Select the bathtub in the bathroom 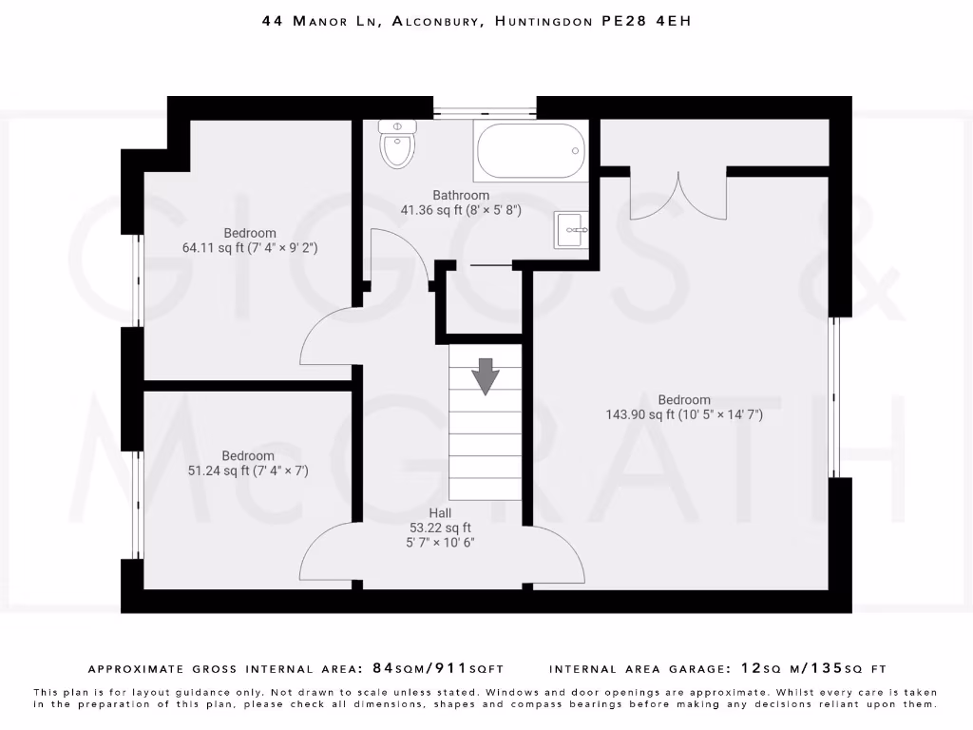pos(530,150)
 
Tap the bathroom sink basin pos(571,229)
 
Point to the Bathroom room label pos(461,195)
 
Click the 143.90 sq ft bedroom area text pos(684,414)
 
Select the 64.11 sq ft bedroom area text pos(250,247)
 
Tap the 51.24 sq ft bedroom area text pos(248,470)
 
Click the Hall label pos(439,513)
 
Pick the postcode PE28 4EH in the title pos(646,20)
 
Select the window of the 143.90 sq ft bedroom pos(834,396)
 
